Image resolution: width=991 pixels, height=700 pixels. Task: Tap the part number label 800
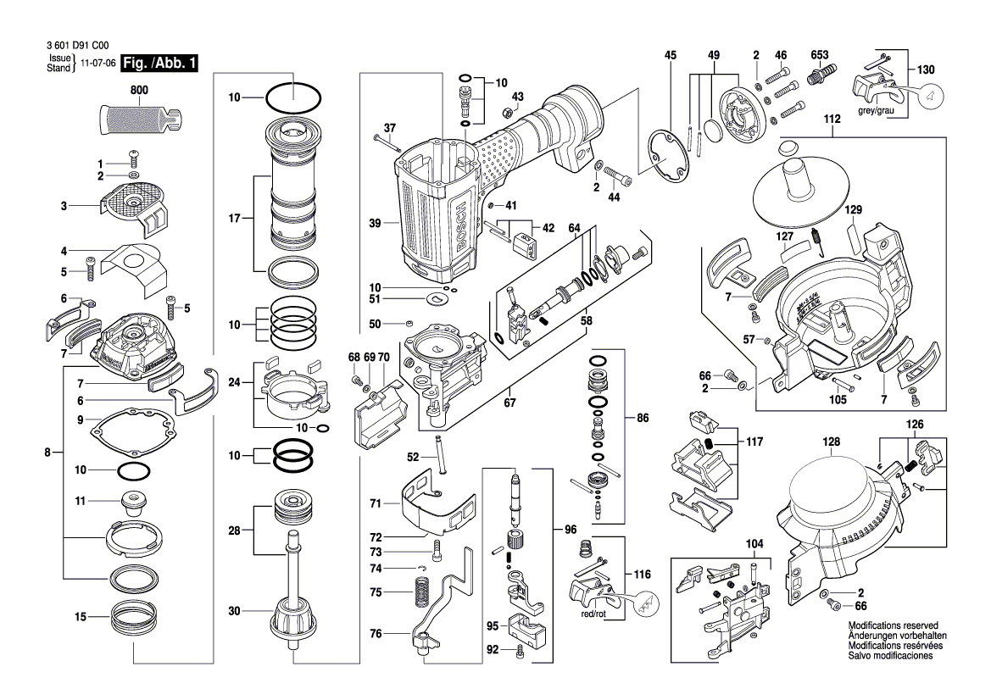[139, 91]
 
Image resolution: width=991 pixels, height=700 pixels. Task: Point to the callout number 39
[376, 224]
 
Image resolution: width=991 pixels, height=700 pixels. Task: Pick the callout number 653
[819, 54]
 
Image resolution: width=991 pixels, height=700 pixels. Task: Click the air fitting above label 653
[819, 75]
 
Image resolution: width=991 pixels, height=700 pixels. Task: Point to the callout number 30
[235, 610]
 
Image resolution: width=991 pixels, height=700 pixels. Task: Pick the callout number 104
[754, 543]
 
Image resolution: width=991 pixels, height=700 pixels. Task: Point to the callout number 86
[642, 419]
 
